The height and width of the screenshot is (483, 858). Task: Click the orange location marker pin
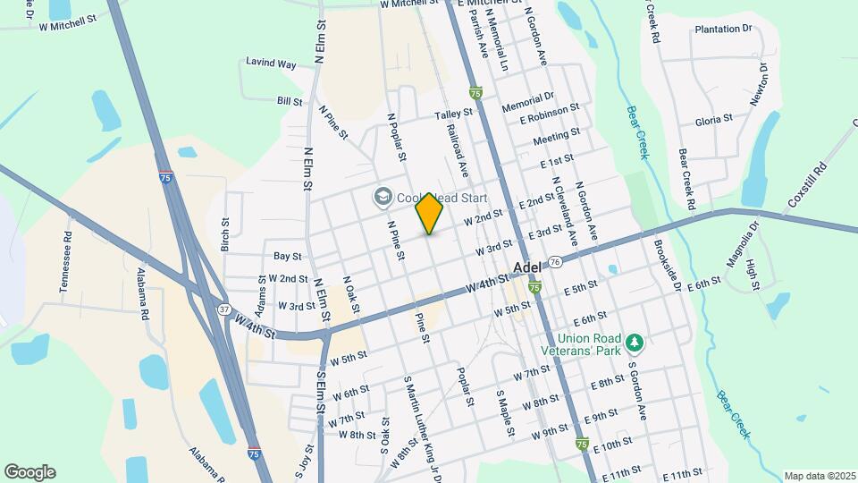(430, 213)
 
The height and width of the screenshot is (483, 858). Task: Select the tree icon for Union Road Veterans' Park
(635, 343)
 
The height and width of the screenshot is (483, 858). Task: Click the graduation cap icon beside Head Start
(383, 195)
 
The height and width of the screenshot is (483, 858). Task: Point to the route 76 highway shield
(555, 262)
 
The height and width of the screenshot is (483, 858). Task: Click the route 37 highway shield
(223, 309)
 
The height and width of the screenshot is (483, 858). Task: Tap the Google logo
(29, 471)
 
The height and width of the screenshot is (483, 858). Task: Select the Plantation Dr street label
(722, 30)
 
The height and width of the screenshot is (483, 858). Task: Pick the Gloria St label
(714, 118)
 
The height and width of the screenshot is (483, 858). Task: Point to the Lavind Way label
(273, 64)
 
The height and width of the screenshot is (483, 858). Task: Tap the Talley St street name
(453, 114)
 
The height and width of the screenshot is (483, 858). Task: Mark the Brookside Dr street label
(667, 265)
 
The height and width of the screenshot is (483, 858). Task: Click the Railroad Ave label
(457, 148)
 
